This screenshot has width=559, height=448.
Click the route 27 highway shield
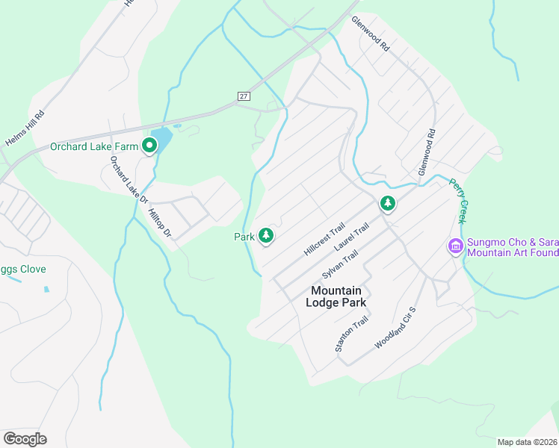tap(244, 96)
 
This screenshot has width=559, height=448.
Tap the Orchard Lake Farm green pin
tap(149, 147)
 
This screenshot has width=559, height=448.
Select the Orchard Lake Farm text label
tap(94, 146)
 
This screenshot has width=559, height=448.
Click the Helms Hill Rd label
tap(25, 128)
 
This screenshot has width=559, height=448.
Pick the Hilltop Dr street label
tap(161, 223)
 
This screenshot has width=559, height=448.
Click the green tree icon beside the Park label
tap(265, 236)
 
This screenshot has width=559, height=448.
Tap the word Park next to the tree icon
tap(244, 237)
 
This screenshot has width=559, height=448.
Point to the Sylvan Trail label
tap(340, 264)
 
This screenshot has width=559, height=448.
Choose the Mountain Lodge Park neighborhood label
tap(336, 296)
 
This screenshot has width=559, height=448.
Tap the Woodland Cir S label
tap(395, 326)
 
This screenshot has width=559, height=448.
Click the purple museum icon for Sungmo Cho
tap(455, 246)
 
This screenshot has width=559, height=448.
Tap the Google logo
tap(25, 439)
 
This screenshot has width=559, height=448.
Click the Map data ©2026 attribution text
tap(527, 442)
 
